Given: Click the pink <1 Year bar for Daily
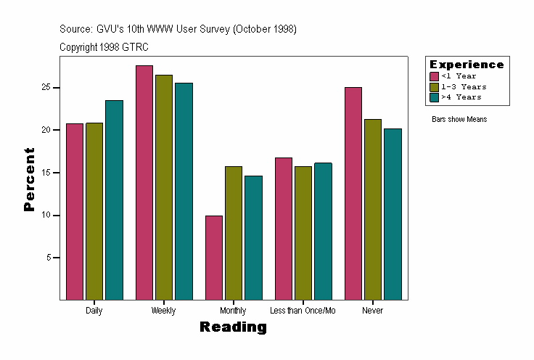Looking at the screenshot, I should (x=75, y=211).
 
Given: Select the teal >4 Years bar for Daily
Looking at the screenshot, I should (x=114, y=200).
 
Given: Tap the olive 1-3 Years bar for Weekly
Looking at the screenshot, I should (x=163, y=187).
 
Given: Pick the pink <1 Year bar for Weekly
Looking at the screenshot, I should (x=144, y=182).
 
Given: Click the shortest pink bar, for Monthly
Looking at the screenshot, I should (x=214, y=257).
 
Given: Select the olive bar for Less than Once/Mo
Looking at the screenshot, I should (x=303, y=233).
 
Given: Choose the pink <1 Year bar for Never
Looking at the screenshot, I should (x=353, y=193).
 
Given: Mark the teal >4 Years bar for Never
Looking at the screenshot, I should (x=393, y=213).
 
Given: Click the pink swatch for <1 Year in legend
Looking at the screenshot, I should (x=434, y=76).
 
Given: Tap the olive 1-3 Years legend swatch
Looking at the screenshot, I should (x=434, y=86).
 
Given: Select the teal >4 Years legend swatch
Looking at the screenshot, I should (x=434, y=97).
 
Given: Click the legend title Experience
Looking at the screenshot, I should (x=467, y=65).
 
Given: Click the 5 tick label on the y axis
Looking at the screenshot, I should (x=50, y=258).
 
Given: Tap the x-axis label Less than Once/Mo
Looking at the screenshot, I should (x=303, y=311).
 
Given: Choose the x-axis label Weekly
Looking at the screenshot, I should (x=163, y=311).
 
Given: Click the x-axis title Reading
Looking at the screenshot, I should (x=233, y=327).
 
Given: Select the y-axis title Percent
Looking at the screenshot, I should (x=29, y=179).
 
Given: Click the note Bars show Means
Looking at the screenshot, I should (x=459, y=119).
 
